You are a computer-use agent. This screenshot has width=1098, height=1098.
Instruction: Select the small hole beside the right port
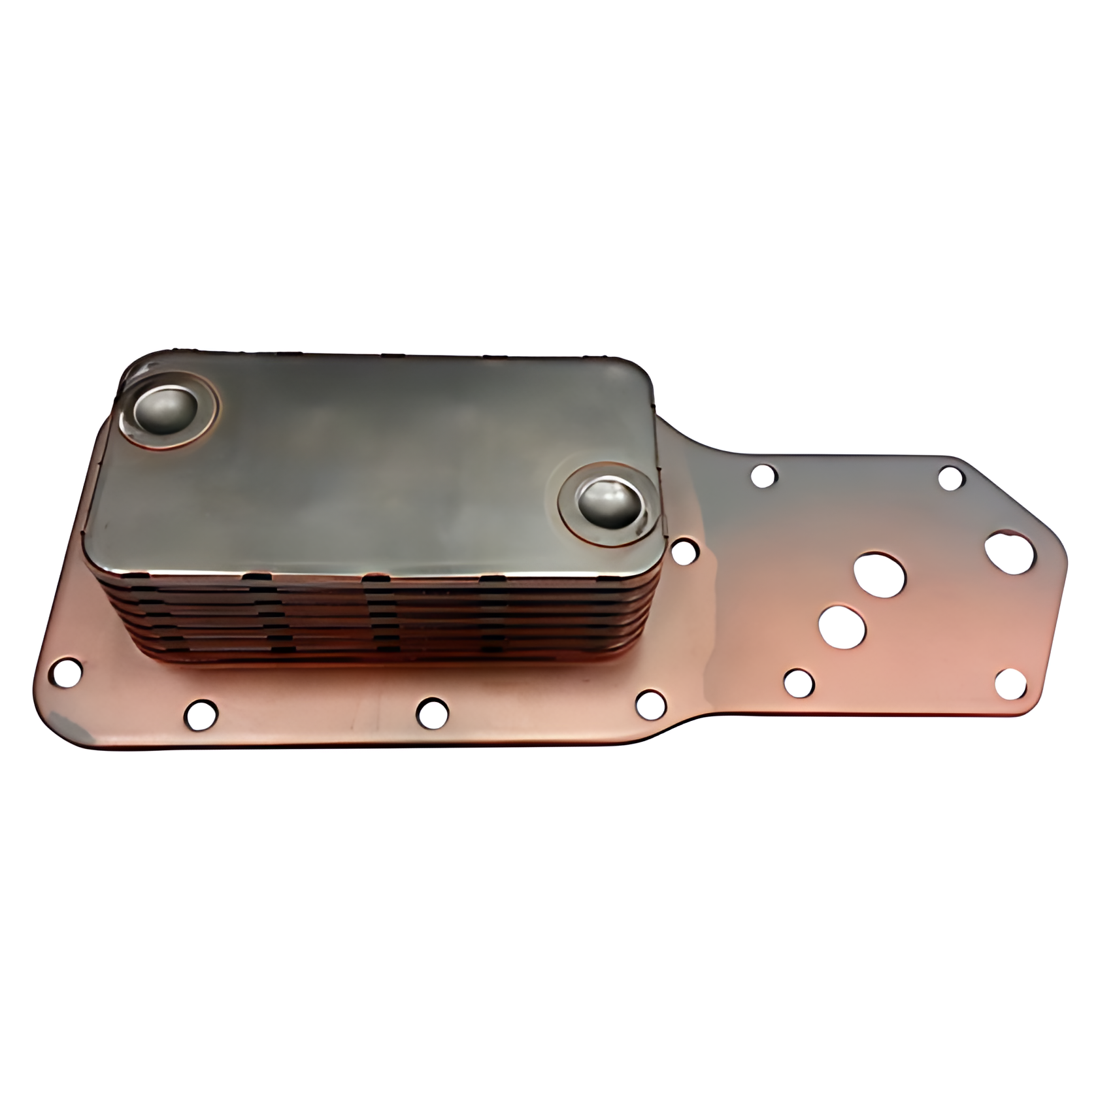point(684,552)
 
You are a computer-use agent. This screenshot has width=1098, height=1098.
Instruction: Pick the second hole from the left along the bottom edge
point(201,714)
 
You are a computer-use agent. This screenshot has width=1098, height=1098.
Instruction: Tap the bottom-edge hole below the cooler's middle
point(432,712)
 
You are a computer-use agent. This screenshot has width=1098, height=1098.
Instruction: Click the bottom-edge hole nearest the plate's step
point(650,703)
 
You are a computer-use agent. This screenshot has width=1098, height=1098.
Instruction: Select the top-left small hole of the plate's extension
point(763,476)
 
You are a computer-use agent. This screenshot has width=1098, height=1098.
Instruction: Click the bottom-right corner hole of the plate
point(1010,683)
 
